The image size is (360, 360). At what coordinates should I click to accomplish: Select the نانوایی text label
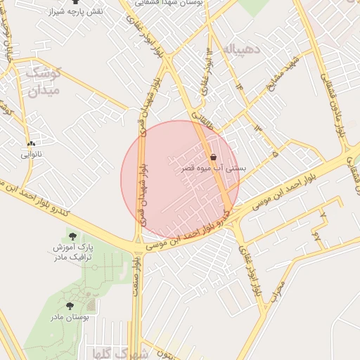[x=31, y=153]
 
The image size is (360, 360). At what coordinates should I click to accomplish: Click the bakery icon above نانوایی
[x=31, y=143]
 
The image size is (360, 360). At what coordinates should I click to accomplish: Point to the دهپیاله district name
[x=240, y=49]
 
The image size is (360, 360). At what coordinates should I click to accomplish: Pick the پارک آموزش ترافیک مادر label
[x=73, y=253]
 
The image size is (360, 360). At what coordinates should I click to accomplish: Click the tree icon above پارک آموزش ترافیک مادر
[x=72, y=236]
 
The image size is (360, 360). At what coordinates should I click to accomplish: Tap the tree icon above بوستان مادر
[x=70, y=306]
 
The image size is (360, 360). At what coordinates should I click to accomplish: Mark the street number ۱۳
[x=257, y=127]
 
